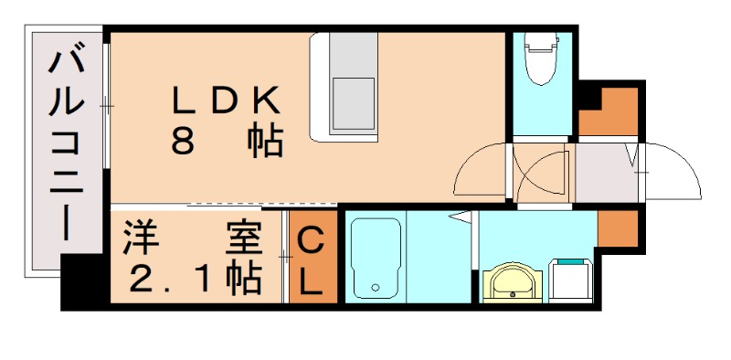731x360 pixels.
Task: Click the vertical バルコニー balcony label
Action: [66, 147]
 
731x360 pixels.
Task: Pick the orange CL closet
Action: [312, 260]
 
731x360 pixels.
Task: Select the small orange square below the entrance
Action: [618, 228]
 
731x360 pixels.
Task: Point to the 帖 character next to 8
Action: [264, 142]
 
